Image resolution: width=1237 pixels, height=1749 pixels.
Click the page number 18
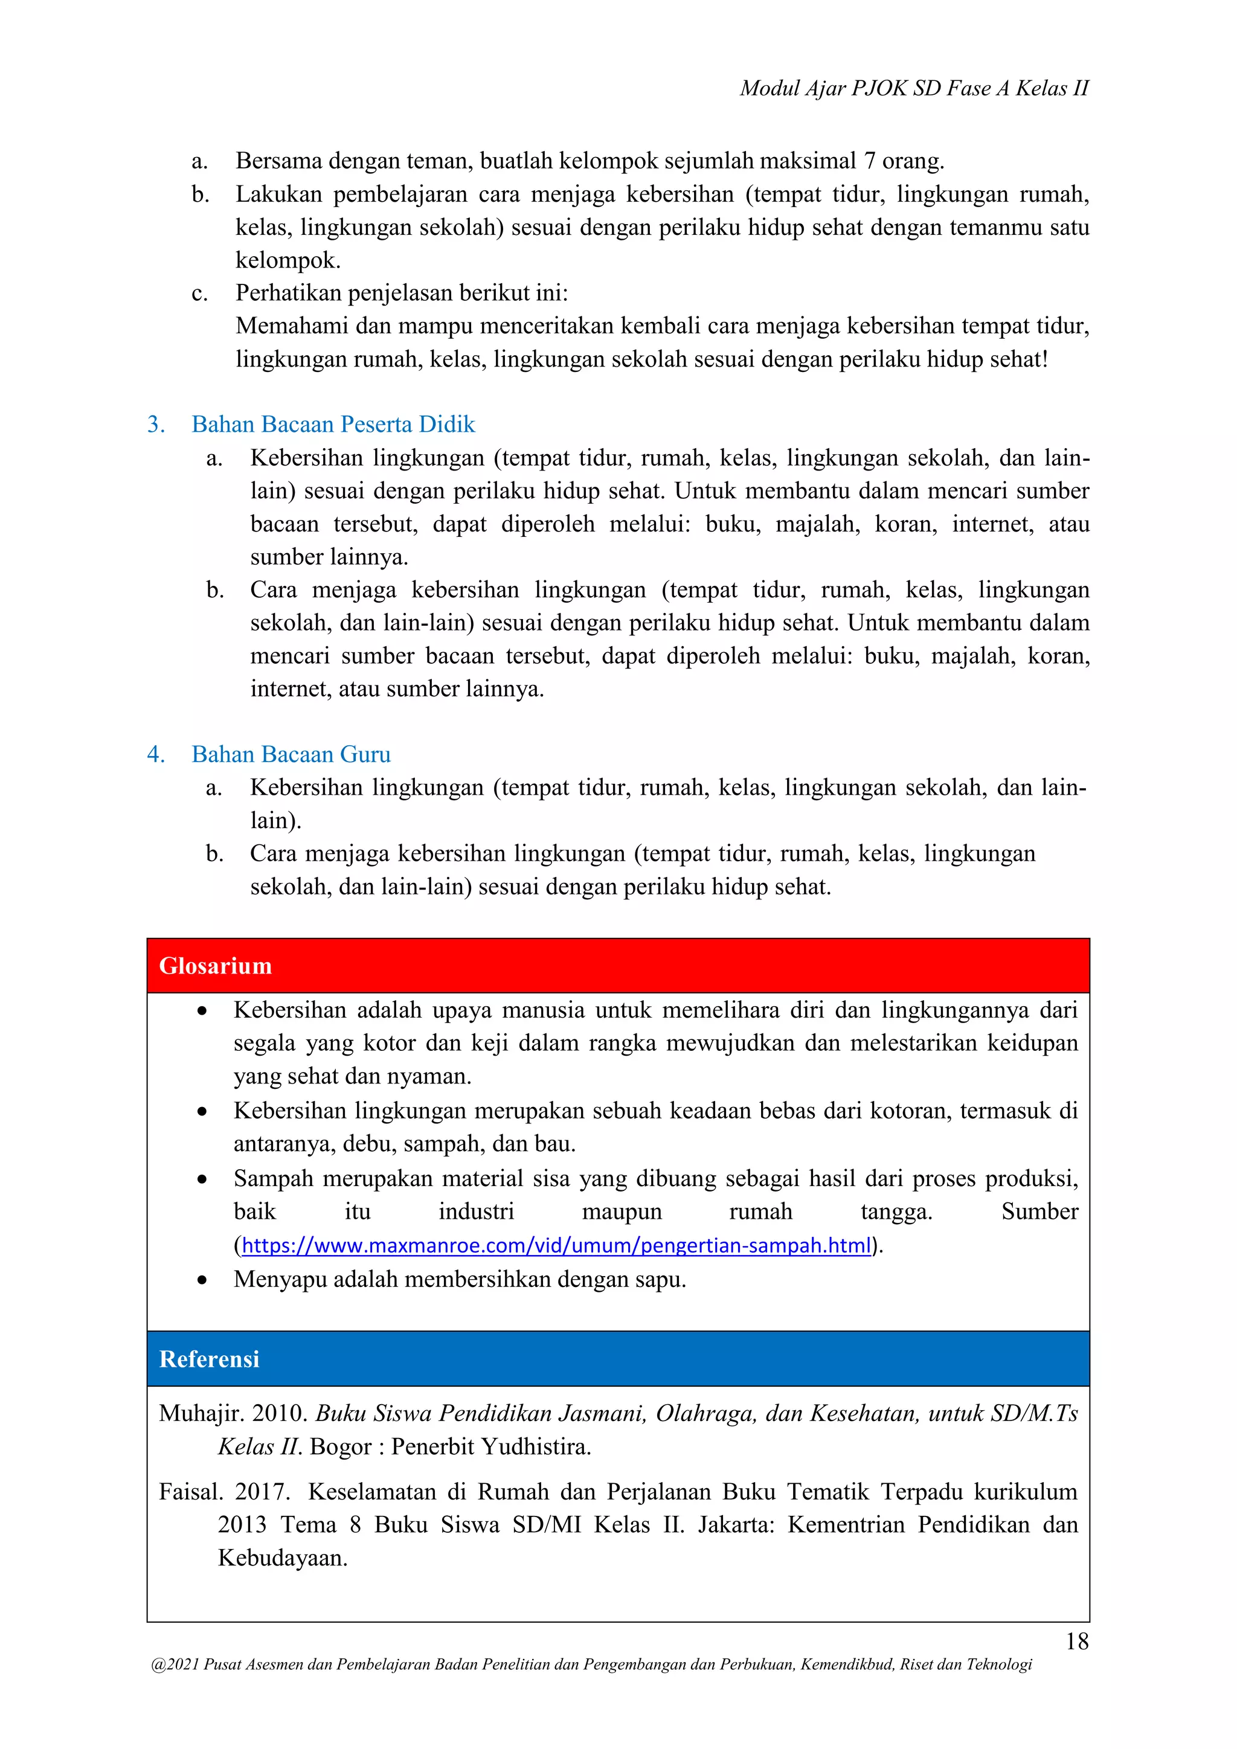point(1076,1641)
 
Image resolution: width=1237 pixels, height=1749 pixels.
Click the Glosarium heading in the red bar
point(215,966)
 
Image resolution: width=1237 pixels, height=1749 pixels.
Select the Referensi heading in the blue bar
point(209,1359)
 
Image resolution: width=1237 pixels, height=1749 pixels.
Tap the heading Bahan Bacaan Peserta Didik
point(333,425)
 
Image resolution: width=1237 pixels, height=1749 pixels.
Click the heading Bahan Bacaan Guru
point(291,754)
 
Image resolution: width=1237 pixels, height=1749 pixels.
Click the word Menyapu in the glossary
point(280,1279)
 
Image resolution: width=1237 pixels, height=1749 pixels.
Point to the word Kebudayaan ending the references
point(282,1558)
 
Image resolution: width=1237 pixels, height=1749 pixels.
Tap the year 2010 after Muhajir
point(279,1414)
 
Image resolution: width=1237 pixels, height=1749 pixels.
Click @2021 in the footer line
point(175,1664)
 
